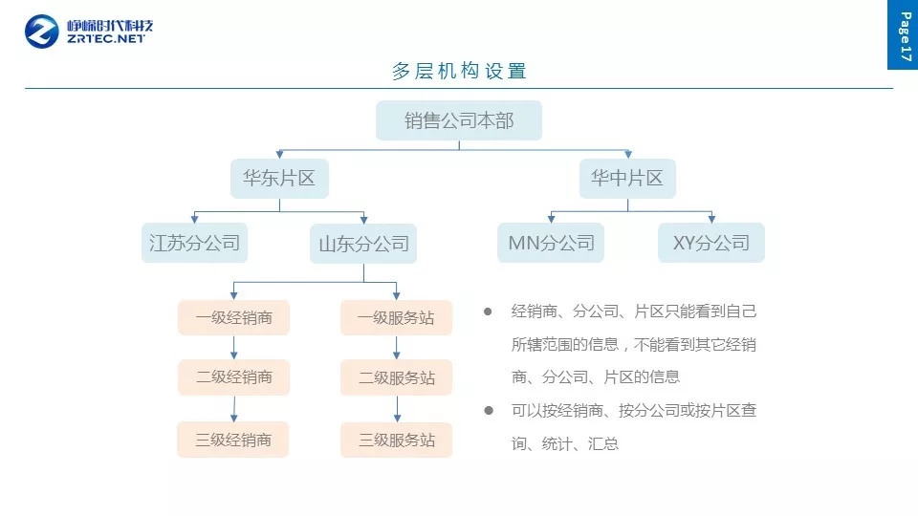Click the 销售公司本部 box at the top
459,120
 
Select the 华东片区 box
279,179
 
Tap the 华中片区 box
626,179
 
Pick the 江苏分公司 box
194,243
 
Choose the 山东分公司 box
364,244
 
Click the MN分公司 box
551,243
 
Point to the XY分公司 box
711,243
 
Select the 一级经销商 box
233,318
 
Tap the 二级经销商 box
233,377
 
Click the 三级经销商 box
233,440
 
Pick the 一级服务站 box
396,318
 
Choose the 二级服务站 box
396,377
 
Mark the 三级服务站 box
396,440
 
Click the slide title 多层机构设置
459,71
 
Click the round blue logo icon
42,32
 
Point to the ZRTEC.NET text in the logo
107,40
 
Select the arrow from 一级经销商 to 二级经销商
233,348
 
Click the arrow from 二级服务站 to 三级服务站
397,409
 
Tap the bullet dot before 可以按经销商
488,410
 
